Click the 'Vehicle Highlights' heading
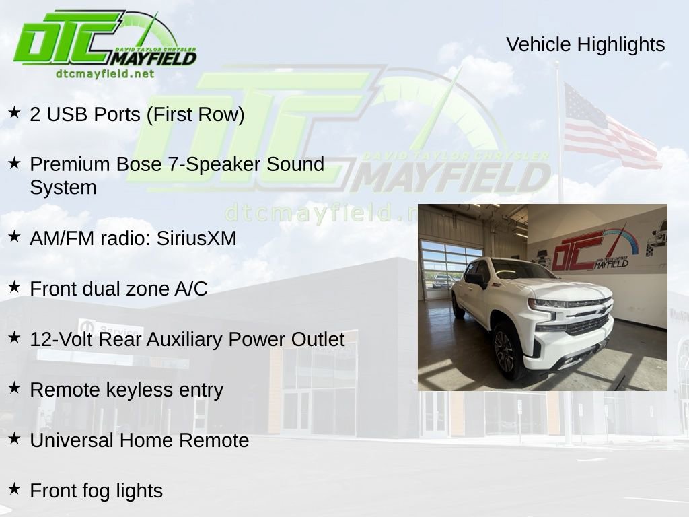click(585, 44)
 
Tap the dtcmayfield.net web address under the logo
click(105, 73)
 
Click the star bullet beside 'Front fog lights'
click(14, 489)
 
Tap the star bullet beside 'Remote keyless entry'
click(14, 388)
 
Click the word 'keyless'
click(141, 390)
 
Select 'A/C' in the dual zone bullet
click(191, 289)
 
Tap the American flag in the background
click(609, 128)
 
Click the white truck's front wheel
click(505, 350)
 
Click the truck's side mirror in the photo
click(475, 279)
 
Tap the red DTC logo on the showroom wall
click(579, 249)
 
